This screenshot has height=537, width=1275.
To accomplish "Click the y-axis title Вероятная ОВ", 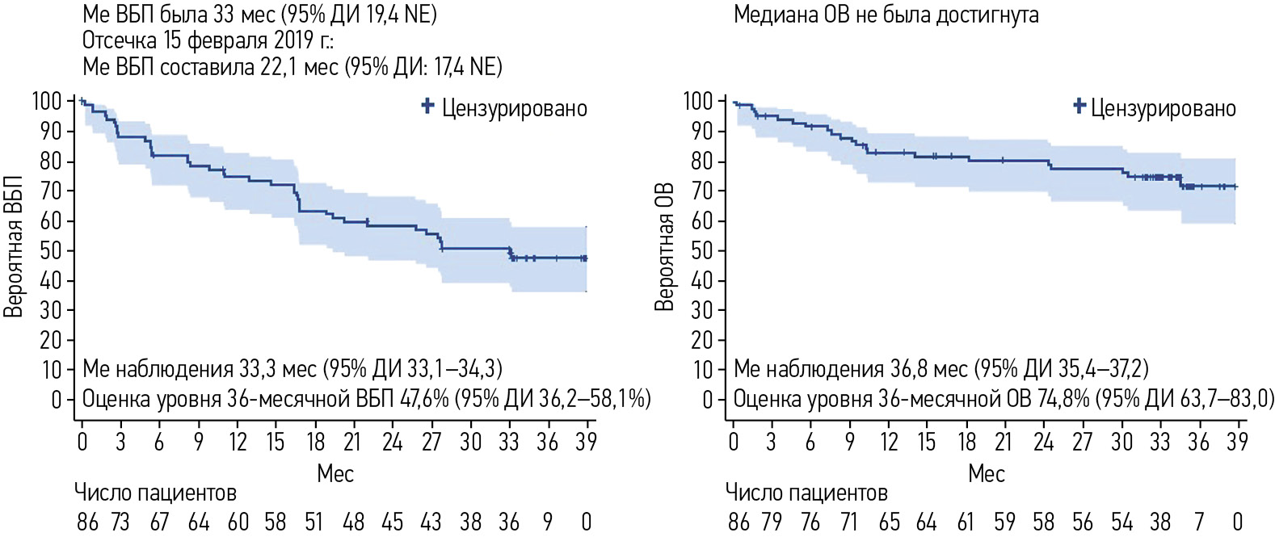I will point(664,247).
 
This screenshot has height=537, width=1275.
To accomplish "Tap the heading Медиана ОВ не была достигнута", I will point(886,15).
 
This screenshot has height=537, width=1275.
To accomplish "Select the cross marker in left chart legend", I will point(428,106).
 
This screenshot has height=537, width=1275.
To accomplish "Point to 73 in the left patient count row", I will point(120,522).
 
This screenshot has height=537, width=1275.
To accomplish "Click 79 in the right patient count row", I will point(772,522).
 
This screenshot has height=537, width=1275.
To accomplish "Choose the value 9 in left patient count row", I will point(548,522).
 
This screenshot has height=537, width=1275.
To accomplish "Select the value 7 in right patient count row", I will point(1199,522).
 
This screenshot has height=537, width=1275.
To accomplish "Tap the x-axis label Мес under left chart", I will point(335,473).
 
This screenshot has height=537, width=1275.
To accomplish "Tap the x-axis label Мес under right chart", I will point(986,473).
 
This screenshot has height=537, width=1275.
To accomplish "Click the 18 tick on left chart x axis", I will point(314,442).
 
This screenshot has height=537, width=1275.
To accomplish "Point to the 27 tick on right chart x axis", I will point(1082,442).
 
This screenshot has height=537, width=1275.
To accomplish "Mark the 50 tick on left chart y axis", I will point(51,250).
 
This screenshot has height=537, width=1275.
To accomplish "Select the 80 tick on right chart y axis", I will point(702,161).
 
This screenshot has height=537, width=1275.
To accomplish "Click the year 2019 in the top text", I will point(295,40).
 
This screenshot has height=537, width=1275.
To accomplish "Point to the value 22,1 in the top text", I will point(276,66).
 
